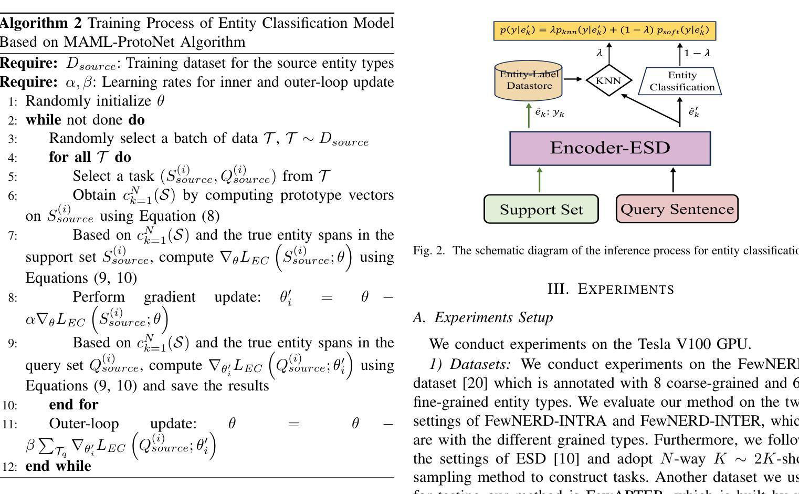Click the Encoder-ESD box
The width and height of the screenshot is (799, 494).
click(x=610, y=148)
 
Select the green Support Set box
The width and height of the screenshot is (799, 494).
click(x=541, y=209)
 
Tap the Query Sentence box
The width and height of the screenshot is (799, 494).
click(x=677, y=209)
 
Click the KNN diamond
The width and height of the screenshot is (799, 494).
click(x=608, y=81)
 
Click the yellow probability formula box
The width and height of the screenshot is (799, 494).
click(x=605, y=30)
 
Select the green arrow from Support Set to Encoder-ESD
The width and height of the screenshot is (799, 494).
click(x=540, y=180)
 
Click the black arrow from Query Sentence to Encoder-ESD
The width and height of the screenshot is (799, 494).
click(x=673, y=180)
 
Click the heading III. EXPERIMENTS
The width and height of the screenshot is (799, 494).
click(x=611, y=290)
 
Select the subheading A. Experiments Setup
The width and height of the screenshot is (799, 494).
click(x=483, y=317)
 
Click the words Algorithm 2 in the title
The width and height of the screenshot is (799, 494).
click(x=41, y=23)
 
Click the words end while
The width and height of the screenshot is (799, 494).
click(x=58, y=466)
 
